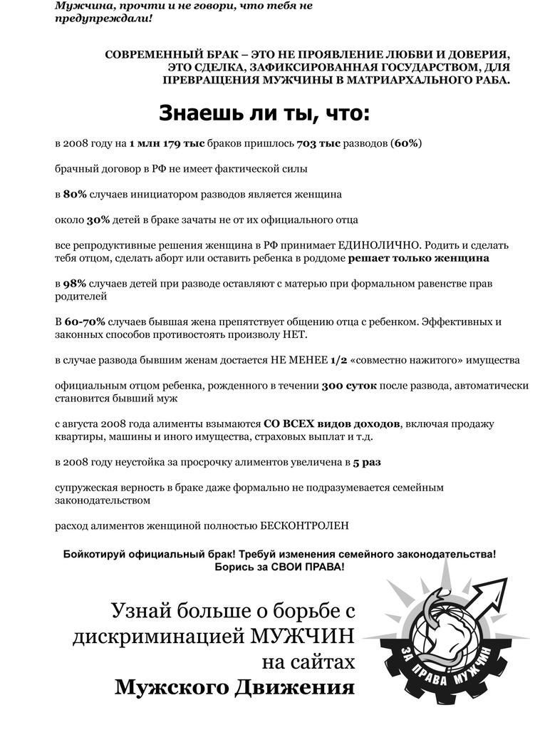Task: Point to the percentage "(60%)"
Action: pyautogui.click(x=406, y=143)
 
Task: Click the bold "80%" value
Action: pyautogui.click(x=75, y=194)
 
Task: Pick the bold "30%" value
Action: pyautogui.click(x=98, y=220)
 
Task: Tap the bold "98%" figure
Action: pyautogui.click(x=75, y=284)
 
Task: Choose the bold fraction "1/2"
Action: pyautogui.click(x=339, y=360)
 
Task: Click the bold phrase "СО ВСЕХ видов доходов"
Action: pyautogui.click(x=332, y=424)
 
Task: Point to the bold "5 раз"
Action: pyautogui.click(x=366, y=462)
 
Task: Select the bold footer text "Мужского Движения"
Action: pyautogui.click(x=234, y=687)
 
